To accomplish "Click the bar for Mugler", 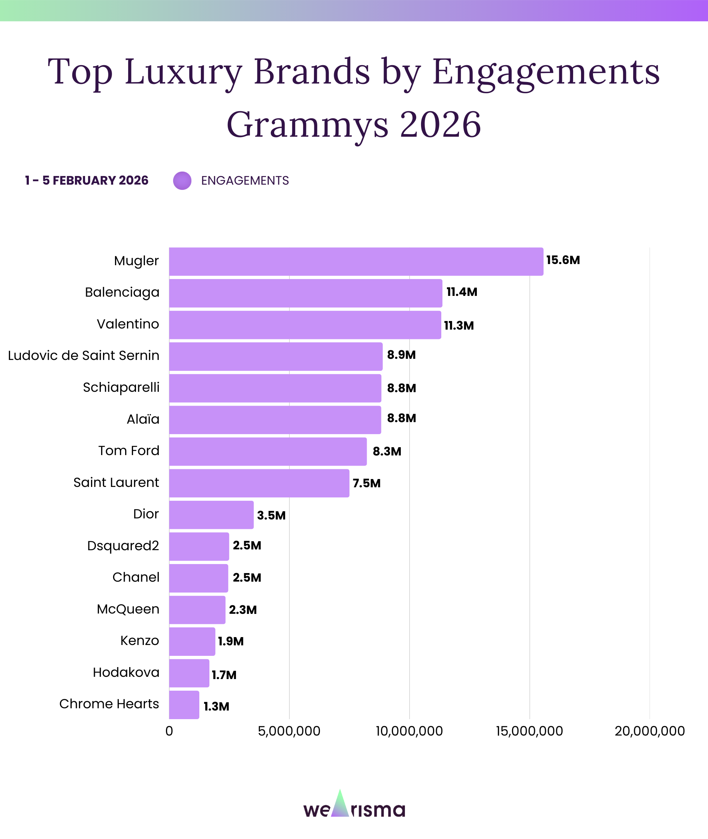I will point(356,261).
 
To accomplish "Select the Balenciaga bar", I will point(305,293).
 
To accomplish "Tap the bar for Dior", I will point(211,515).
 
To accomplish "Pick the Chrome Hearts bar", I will point(184,705).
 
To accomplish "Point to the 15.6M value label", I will point(563,260).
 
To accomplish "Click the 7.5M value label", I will point(366,483).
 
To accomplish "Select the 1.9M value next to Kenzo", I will point(231,641).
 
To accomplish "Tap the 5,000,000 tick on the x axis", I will point(289,731).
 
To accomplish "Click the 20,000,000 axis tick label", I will point(650,731).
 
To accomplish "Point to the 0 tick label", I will point(169,731).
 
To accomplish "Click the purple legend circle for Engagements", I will point(182,181).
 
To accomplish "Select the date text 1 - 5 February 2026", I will point(87,181).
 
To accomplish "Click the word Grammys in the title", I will point(307,125).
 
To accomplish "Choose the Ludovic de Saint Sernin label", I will point(84,355).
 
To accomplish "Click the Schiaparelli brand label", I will point(121,387).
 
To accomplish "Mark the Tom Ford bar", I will point(268,451).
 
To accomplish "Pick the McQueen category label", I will point(128,609).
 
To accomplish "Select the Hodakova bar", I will point(189,673).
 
